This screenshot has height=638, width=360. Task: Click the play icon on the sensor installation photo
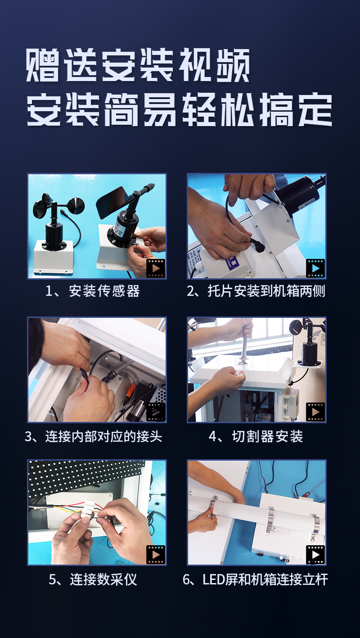click(x=156, y=268)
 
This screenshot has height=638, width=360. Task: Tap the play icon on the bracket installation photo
click(x=315, y=268)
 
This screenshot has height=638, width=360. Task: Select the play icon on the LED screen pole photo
click(x=315, y=555)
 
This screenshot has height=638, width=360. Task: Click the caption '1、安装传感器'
click(x=93, y=291)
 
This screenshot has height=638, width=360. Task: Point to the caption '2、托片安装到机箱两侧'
click(x=256, y=291)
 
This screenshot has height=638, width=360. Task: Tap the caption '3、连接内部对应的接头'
click(x=94, y=436)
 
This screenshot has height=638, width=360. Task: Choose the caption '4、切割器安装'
click(x=256, y=436)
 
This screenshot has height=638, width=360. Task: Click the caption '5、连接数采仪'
click(x=93, y=579)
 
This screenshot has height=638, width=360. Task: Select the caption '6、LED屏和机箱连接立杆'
click(x=255, y=579)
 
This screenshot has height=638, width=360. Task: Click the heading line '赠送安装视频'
click(x=138, y=65)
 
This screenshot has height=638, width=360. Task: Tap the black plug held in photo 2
click(x=258, y=244)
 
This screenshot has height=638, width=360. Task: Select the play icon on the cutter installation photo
click(x=315, y=412)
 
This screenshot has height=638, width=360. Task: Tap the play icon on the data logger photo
click(x=156, y=555)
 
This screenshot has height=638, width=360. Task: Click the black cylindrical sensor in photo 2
click(x=299, y=194)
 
